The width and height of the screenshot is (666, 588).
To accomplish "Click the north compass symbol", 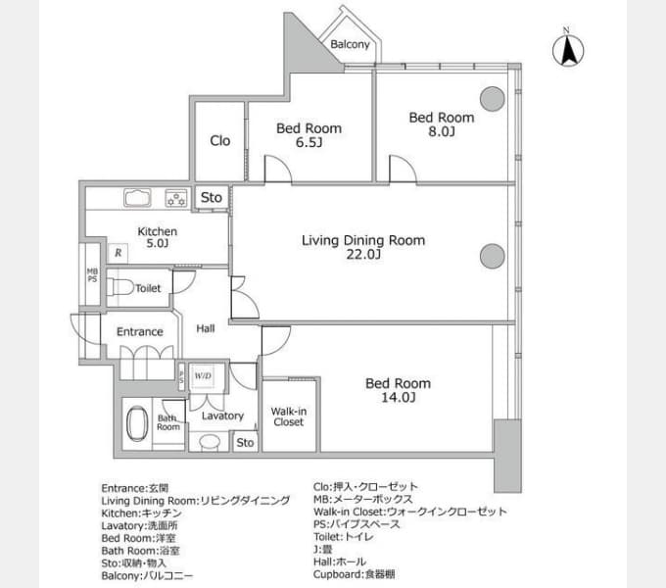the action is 568,48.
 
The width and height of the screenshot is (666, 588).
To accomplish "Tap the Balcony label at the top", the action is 350,44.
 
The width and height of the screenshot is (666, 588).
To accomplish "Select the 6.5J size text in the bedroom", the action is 309,142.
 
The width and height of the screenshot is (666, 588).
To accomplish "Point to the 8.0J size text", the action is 442,131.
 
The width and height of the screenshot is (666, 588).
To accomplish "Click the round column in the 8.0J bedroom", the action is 493,99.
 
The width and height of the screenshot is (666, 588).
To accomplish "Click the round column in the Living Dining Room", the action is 493,256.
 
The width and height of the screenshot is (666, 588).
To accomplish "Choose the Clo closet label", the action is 220,140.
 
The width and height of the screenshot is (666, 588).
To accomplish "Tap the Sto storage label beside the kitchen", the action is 212,197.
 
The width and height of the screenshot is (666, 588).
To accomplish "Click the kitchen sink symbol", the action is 137,198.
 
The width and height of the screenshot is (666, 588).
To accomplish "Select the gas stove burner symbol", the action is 176,198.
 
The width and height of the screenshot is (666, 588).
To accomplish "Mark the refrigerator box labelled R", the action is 119,253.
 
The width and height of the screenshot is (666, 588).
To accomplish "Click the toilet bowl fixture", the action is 120,287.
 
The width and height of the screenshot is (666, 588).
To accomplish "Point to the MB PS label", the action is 92,274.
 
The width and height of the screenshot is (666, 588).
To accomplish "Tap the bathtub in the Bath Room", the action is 137,423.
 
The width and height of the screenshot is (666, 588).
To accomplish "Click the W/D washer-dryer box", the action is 203,376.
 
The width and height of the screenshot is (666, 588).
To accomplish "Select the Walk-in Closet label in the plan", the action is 288,416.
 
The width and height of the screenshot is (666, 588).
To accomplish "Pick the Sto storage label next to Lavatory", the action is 245,443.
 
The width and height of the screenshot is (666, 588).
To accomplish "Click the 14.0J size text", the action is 398,398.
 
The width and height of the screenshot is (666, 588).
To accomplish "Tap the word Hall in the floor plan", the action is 205,328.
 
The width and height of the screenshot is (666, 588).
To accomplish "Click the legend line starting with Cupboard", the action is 355,574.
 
